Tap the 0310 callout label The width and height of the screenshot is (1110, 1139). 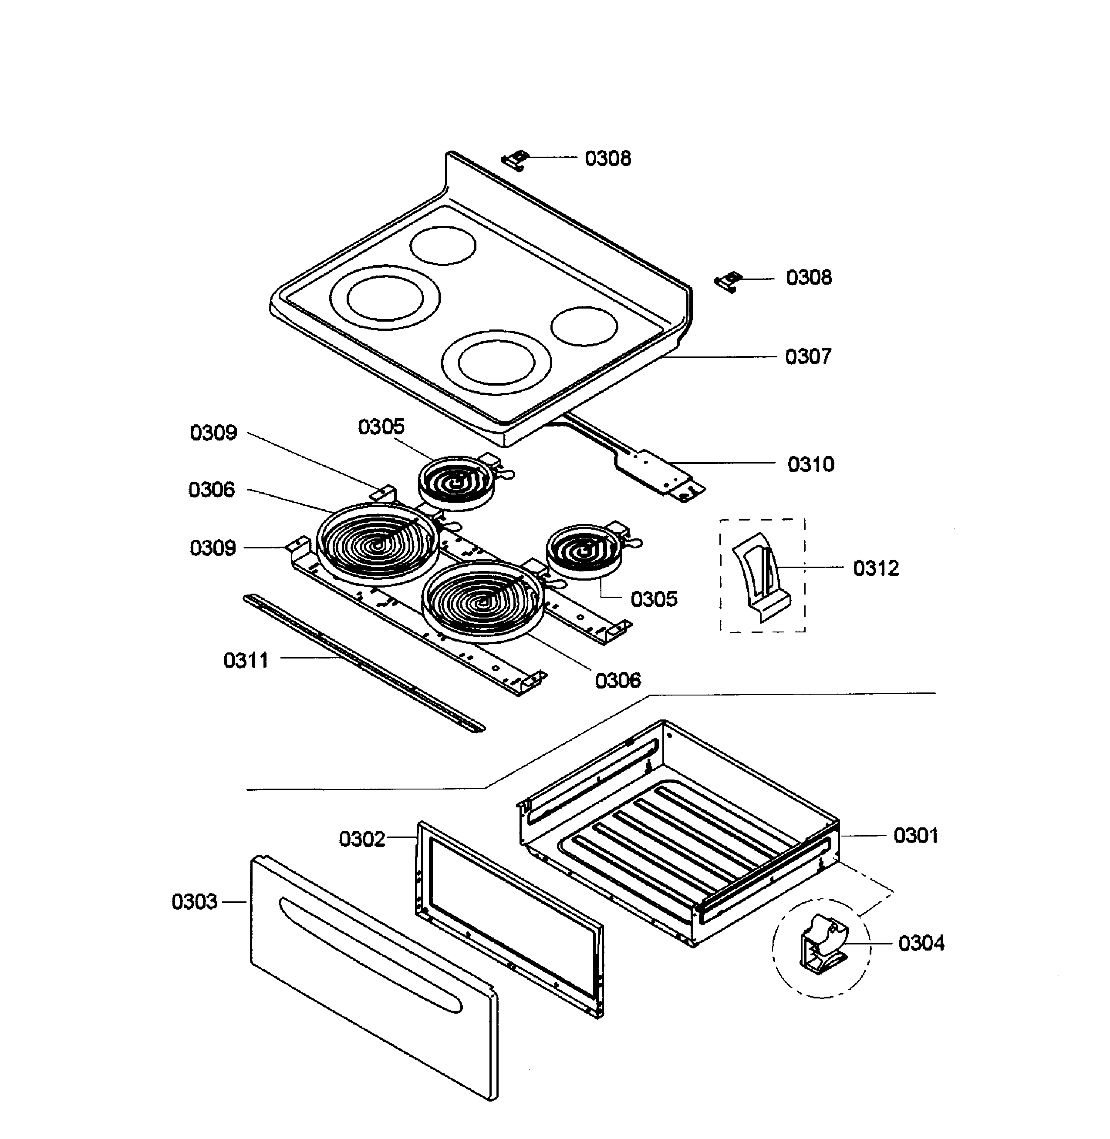tap(810, 464)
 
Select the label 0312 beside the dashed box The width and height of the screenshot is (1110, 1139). tap(876, 568)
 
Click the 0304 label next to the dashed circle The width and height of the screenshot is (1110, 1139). tap(921, 942)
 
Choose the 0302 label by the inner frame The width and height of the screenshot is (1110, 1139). tap(362, 839)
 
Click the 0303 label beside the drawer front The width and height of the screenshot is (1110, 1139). tap(194, 901)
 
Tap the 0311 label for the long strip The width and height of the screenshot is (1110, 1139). tap(246, 660)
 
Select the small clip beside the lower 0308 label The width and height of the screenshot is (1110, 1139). tap(727, 282)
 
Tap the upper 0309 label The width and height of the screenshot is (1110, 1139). tap(213, 433)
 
